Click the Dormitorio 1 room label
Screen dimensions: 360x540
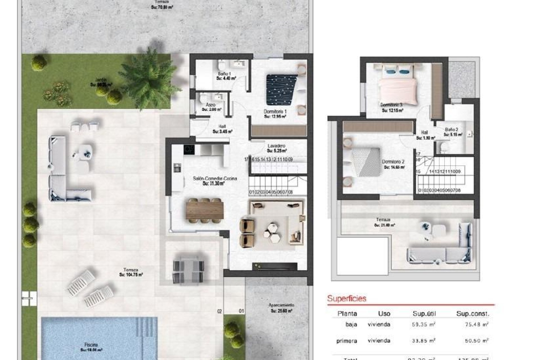[275, 112]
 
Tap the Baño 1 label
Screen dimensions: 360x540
[224, 74]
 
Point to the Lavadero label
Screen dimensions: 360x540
[276, 146]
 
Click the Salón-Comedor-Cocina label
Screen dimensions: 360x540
[215, 178]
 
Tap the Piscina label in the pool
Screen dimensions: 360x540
[91, 345]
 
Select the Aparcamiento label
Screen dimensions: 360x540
[281, 305]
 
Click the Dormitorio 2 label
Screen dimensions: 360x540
[393, 162]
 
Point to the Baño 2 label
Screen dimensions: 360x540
[452, 130]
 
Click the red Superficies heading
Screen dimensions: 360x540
[347, 298]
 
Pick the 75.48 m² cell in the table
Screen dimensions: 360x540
[477, 324]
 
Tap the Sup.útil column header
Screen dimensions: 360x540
[424, 314]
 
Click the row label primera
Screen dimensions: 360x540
[347, 341]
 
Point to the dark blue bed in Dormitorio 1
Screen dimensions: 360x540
[281, 89]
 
